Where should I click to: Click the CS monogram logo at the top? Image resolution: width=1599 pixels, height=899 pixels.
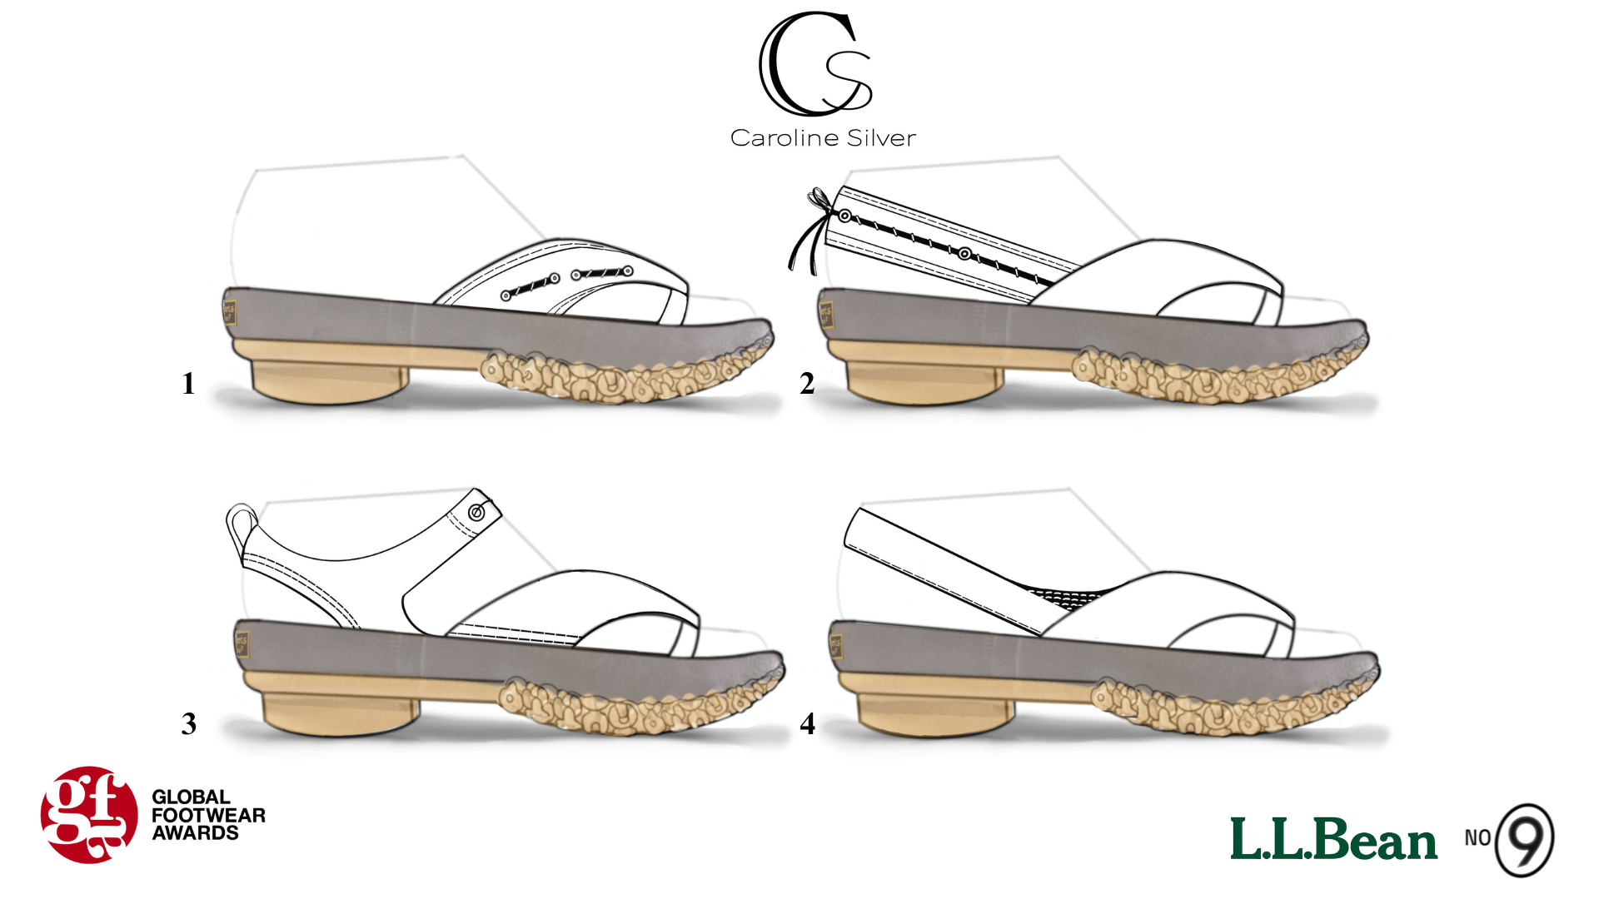[x=814, y=65]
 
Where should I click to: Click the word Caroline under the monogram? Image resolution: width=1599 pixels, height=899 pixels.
[x=781, y=138]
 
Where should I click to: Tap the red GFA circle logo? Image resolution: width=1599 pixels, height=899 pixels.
[x=89, y=815]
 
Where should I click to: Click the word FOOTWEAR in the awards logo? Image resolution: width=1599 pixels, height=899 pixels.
[x=208, y=815]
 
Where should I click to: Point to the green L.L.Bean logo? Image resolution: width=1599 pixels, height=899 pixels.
[x=1333, y=839]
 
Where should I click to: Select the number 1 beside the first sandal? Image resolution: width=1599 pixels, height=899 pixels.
[x=188, y=383]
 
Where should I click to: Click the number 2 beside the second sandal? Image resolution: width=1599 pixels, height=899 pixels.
[x=807, y=383]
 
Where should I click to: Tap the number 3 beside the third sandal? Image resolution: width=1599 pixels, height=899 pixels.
[x=189, y=723]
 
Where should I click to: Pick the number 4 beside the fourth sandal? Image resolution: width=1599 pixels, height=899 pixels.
[x=807, y=723]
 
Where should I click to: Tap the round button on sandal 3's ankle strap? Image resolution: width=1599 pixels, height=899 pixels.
[x=477, y=513]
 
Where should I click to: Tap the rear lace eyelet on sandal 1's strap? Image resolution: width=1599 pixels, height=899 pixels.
[x=506, y=296]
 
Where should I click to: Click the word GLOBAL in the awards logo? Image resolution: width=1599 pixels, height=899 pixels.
[x=191, y=797]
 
